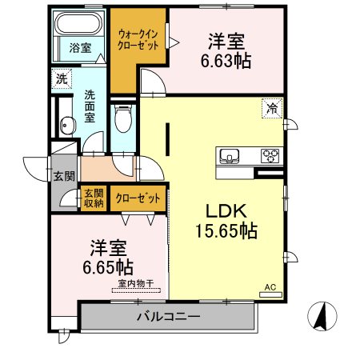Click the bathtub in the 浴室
point(78,24)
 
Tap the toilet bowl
point(123,118)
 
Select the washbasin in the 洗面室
point(67,126)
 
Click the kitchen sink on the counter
point(229,156)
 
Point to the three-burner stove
point(270,156)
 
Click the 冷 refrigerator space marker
point(272,108)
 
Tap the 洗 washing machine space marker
point(62,78)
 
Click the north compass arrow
point(322,316)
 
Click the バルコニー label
point(169,317)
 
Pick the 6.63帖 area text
point(226,62)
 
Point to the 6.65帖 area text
point(108,267)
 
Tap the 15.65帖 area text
point(226,230)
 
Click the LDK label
point(226,211)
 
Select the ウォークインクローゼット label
point(138,40)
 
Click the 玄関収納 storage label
point(94,198)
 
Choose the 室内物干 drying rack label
point(136,283)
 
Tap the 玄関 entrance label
point(64,176)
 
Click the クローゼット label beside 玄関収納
point(138,198)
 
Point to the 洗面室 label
point(90,106)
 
